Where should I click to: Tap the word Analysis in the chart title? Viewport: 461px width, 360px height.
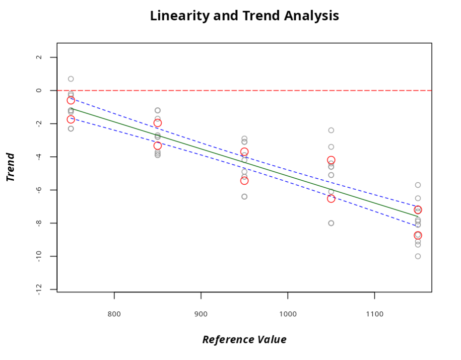311,16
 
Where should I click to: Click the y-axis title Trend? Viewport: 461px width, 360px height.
10,167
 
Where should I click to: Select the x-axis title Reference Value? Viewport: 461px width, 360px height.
244,340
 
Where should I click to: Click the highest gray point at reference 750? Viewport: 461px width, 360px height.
71,79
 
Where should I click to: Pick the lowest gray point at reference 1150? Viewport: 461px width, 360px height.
418,256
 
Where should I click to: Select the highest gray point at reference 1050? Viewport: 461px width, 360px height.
331,130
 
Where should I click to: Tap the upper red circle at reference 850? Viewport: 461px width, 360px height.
158,123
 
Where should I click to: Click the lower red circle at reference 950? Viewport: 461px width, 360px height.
244,181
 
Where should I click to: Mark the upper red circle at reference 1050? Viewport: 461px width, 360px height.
331,160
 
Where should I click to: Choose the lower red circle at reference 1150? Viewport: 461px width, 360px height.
418,235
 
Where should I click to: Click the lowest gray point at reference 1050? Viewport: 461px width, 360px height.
331,223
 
